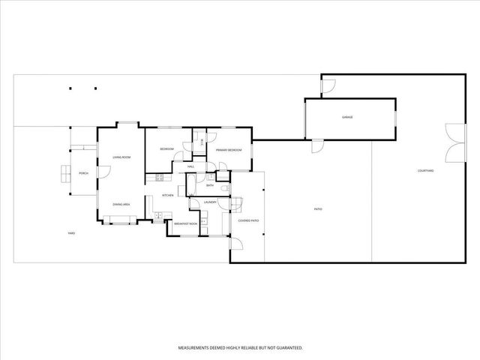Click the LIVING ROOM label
[x=122, y=157]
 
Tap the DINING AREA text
[x=122, y=205]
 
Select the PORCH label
[x=84, y=173]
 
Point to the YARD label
[x=71, y=233]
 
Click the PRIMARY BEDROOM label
[x=229, y=151]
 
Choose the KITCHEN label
[x=168, y=196]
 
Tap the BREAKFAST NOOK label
[x=185, y=224]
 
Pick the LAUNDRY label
[x=210, y=202]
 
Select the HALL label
[x=191, y=166]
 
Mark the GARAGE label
[x=347, y=118]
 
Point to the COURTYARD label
[x=426, y=172]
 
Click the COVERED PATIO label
[x=248, y=220]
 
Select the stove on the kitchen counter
[x=159, y=178]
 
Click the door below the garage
[x=316, y=145]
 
